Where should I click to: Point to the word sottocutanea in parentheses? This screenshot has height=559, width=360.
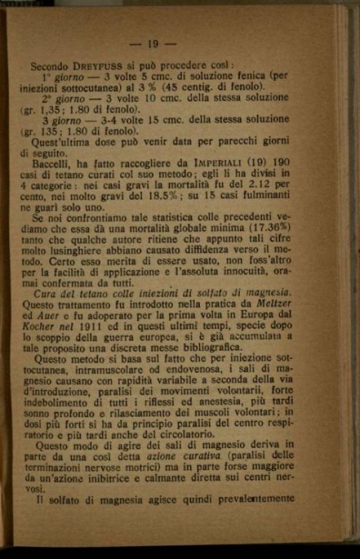[91, 86]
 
